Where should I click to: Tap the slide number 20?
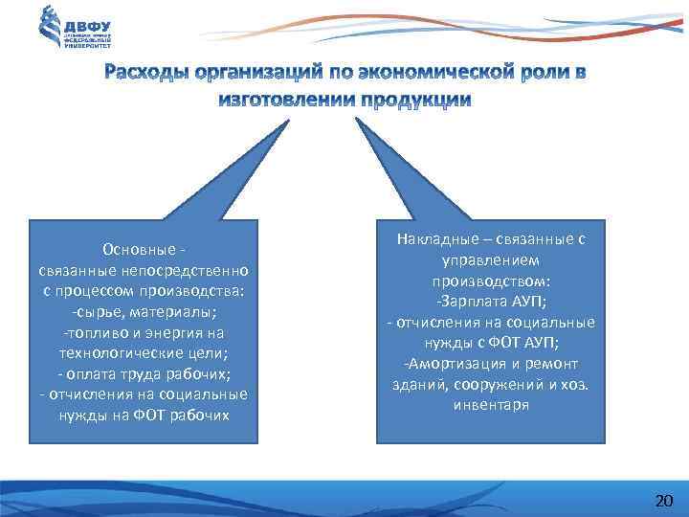(663, 501)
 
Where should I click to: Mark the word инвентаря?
(490, 405)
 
